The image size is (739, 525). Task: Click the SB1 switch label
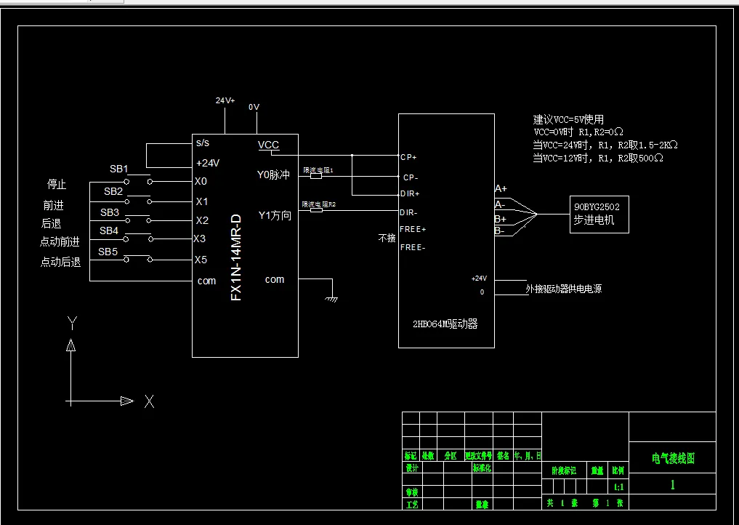point(119,169)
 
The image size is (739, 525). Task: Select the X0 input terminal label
point(201,181)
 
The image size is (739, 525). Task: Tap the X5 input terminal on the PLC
point(201,260)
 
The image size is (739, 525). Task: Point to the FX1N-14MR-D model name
point(235,257)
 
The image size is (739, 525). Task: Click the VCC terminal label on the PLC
point(268,145)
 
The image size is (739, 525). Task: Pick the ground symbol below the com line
point(332,297)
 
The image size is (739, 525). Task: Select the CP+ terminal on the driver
point(408,156)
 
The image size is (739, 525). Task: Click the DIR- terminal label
point(408,212)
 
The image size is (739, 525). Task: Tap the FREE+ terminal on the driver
point(413,229)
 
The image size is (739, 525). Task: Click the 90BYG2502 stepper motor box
point(599,213)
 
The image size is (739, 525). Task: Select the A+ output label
point(501,189)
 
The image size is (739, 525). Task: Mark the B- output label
point(500,231)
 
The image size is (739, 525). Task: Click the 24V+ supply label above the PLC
point(225,101)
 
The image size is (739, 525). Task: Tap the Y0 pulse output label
point(274,175)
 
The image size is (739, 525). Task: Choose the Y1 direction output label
point(275,215)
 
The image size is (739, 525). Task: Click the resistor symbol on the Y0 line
point(316,176)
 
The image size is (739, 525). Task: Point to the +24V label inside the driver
point(479,278)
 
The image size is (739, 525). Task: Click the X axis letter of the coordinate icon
point(149,401)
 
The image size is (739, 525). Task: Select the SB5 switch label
point(108,252)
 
